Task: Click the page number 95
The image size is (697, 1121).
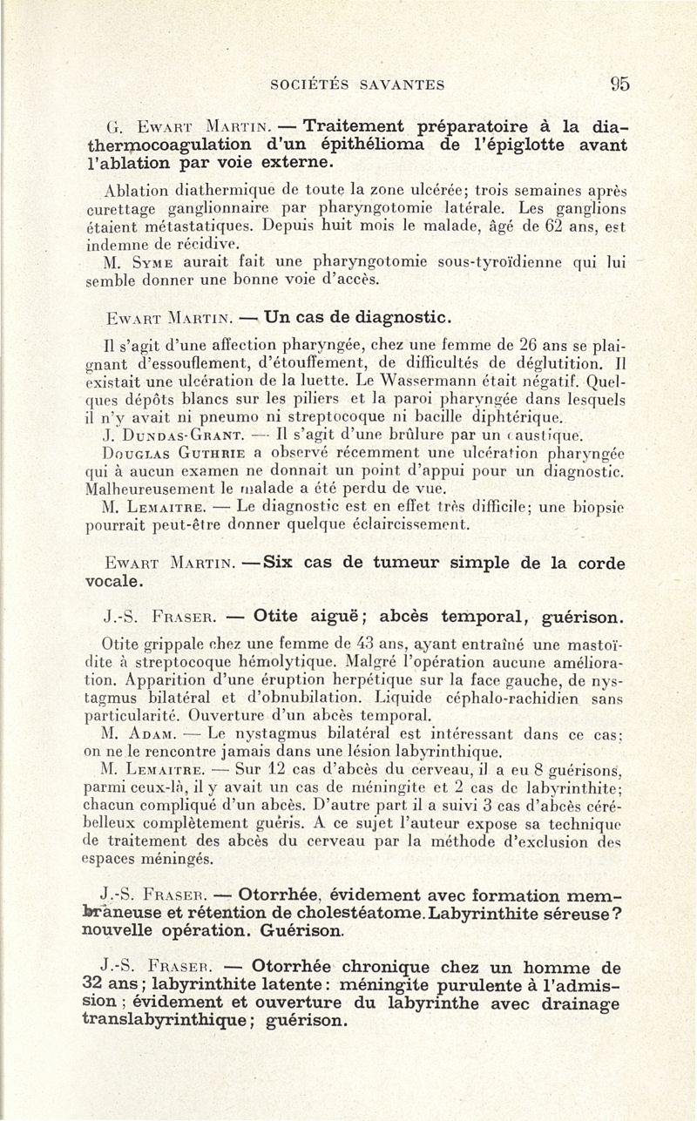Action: [619, 84]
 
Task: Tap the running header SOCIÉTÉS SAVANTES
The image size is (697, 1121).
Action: [357, 85]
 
